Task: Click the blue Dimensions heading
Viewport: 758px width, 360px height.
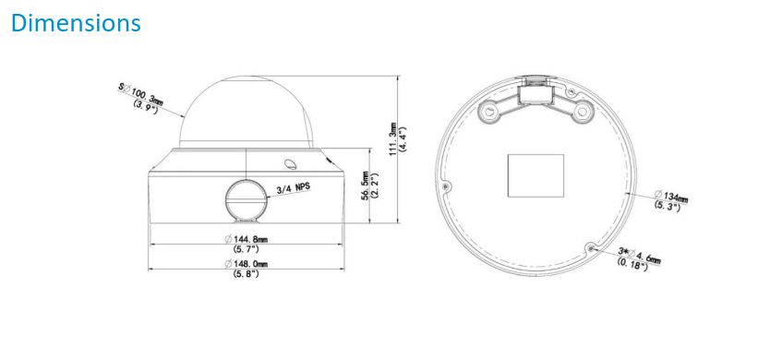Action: (76, 23)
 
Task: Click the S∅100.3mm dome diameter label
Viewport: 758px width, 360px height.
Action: (140, 93)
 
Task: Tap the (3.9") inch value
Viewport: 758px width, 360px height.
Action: (146, 107)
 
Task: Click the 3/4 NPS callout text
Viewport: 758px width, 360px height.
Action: (292, 188)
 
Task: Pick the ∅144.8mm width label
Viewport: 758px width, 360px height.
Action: (247, 239)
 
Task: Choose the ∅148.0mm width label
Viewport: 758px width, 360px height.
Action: (247, 264)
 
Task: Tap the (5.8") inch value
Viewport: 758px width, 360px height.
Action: (247, 274)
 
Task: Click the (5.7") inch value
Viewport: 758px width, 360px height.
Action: (247, 249)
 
